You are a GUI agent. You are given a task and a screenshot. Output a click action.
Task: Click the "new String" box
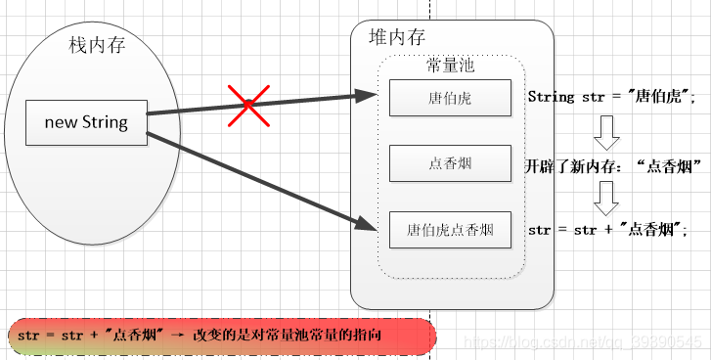pyautogui.click(x=86, y=122)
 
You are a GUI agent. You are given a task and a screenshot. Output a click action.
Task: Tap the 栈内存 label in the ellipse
pyautogui.click(x=96, y=45)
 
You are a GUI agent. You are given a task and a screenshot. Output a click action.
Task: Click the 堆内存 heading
pyautogui.click(x=396, y=37)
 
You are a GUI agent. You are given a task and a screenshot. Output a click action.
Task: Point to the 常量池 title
pyautogui.click(x=451, y=65)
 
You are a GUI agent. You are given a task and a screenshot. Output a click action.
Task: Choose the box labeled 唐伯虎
pyautogui.click(x=450, y=98)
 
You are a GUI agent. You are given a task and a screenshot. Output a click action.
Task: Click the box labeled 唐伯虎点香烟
pyautogui.click(x=450, y=231)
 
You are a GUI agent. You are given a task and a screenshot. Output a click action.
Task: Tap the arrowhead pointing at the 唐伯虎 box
pyautogui.click(x=367, y=96)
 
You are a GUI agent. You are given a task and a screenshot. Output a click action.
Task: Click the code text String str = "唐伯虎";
pyautogui.click(x=610, y=97)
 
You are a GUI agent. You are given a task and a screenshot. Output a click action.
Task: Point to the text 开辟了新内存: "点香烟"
pyautogui.click(x=615, y=164)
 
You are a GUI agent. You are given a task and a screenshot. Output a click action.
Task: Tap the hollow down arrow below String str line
pyautogui.click(x=607, y=130)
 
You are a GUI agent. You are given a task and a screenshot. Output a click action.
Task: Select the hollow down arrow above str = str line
pyautogui.click(x=607, y=199)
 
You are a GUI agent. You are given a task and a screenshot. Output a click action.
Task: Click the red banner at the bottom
pyautogui.click(x=220, y=336)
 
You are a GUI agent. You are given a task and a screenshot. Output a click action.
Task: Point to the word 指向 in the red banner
pyautogui.click(x=368, y=336)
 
